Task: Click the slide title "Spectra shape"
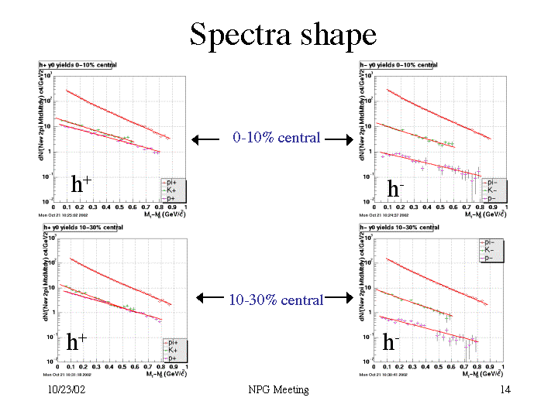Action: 283,35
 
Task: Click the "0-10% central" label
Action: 277,138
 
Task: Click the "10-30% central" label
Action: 276,300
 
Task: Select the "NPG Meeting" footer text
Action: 277,389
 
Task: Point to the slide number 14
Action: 505,389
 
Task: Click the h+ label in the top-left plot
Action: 82,183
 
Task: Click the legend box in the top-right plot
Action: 489,190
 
